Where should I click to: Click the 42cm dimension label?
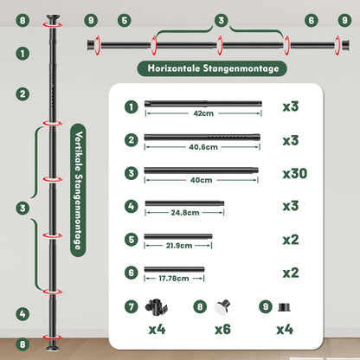coord(203,113)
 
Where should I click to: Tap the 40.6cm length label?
coord(203,147)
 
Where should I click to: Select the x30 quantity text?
coord(295,174)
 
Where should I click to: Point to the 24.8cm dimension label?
coord(185,213)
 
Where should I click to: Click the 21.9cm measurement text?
coord(179,246)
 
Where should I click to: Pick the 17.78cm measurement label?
coord(174,279)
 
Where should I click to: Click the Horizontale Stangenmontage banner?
coord(212,68)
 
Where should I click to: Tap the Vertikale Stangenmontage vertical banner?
coord(78,190)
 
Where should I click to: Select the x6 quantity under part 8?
coord(222,330)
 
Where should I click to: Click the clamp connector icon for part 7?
coord(157,306)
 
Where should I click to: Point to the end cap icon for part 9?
coord(284,307)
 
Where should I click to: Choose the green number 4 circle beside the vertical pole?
coord(22,314)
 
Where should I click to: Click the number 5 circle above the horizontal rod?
coord(125,21)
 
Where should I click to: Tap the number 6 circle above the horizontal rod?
coord(312,21)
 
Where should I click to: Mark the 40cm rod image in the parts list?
coord(202,170)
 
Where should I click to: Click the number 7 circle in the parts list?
coord(132,306)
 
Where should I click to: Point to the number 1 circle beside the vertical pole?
coord(22,54)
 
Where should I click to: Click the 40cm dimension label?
coord(202,180)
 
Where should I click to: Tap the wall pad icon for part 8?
coord(222,307)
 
